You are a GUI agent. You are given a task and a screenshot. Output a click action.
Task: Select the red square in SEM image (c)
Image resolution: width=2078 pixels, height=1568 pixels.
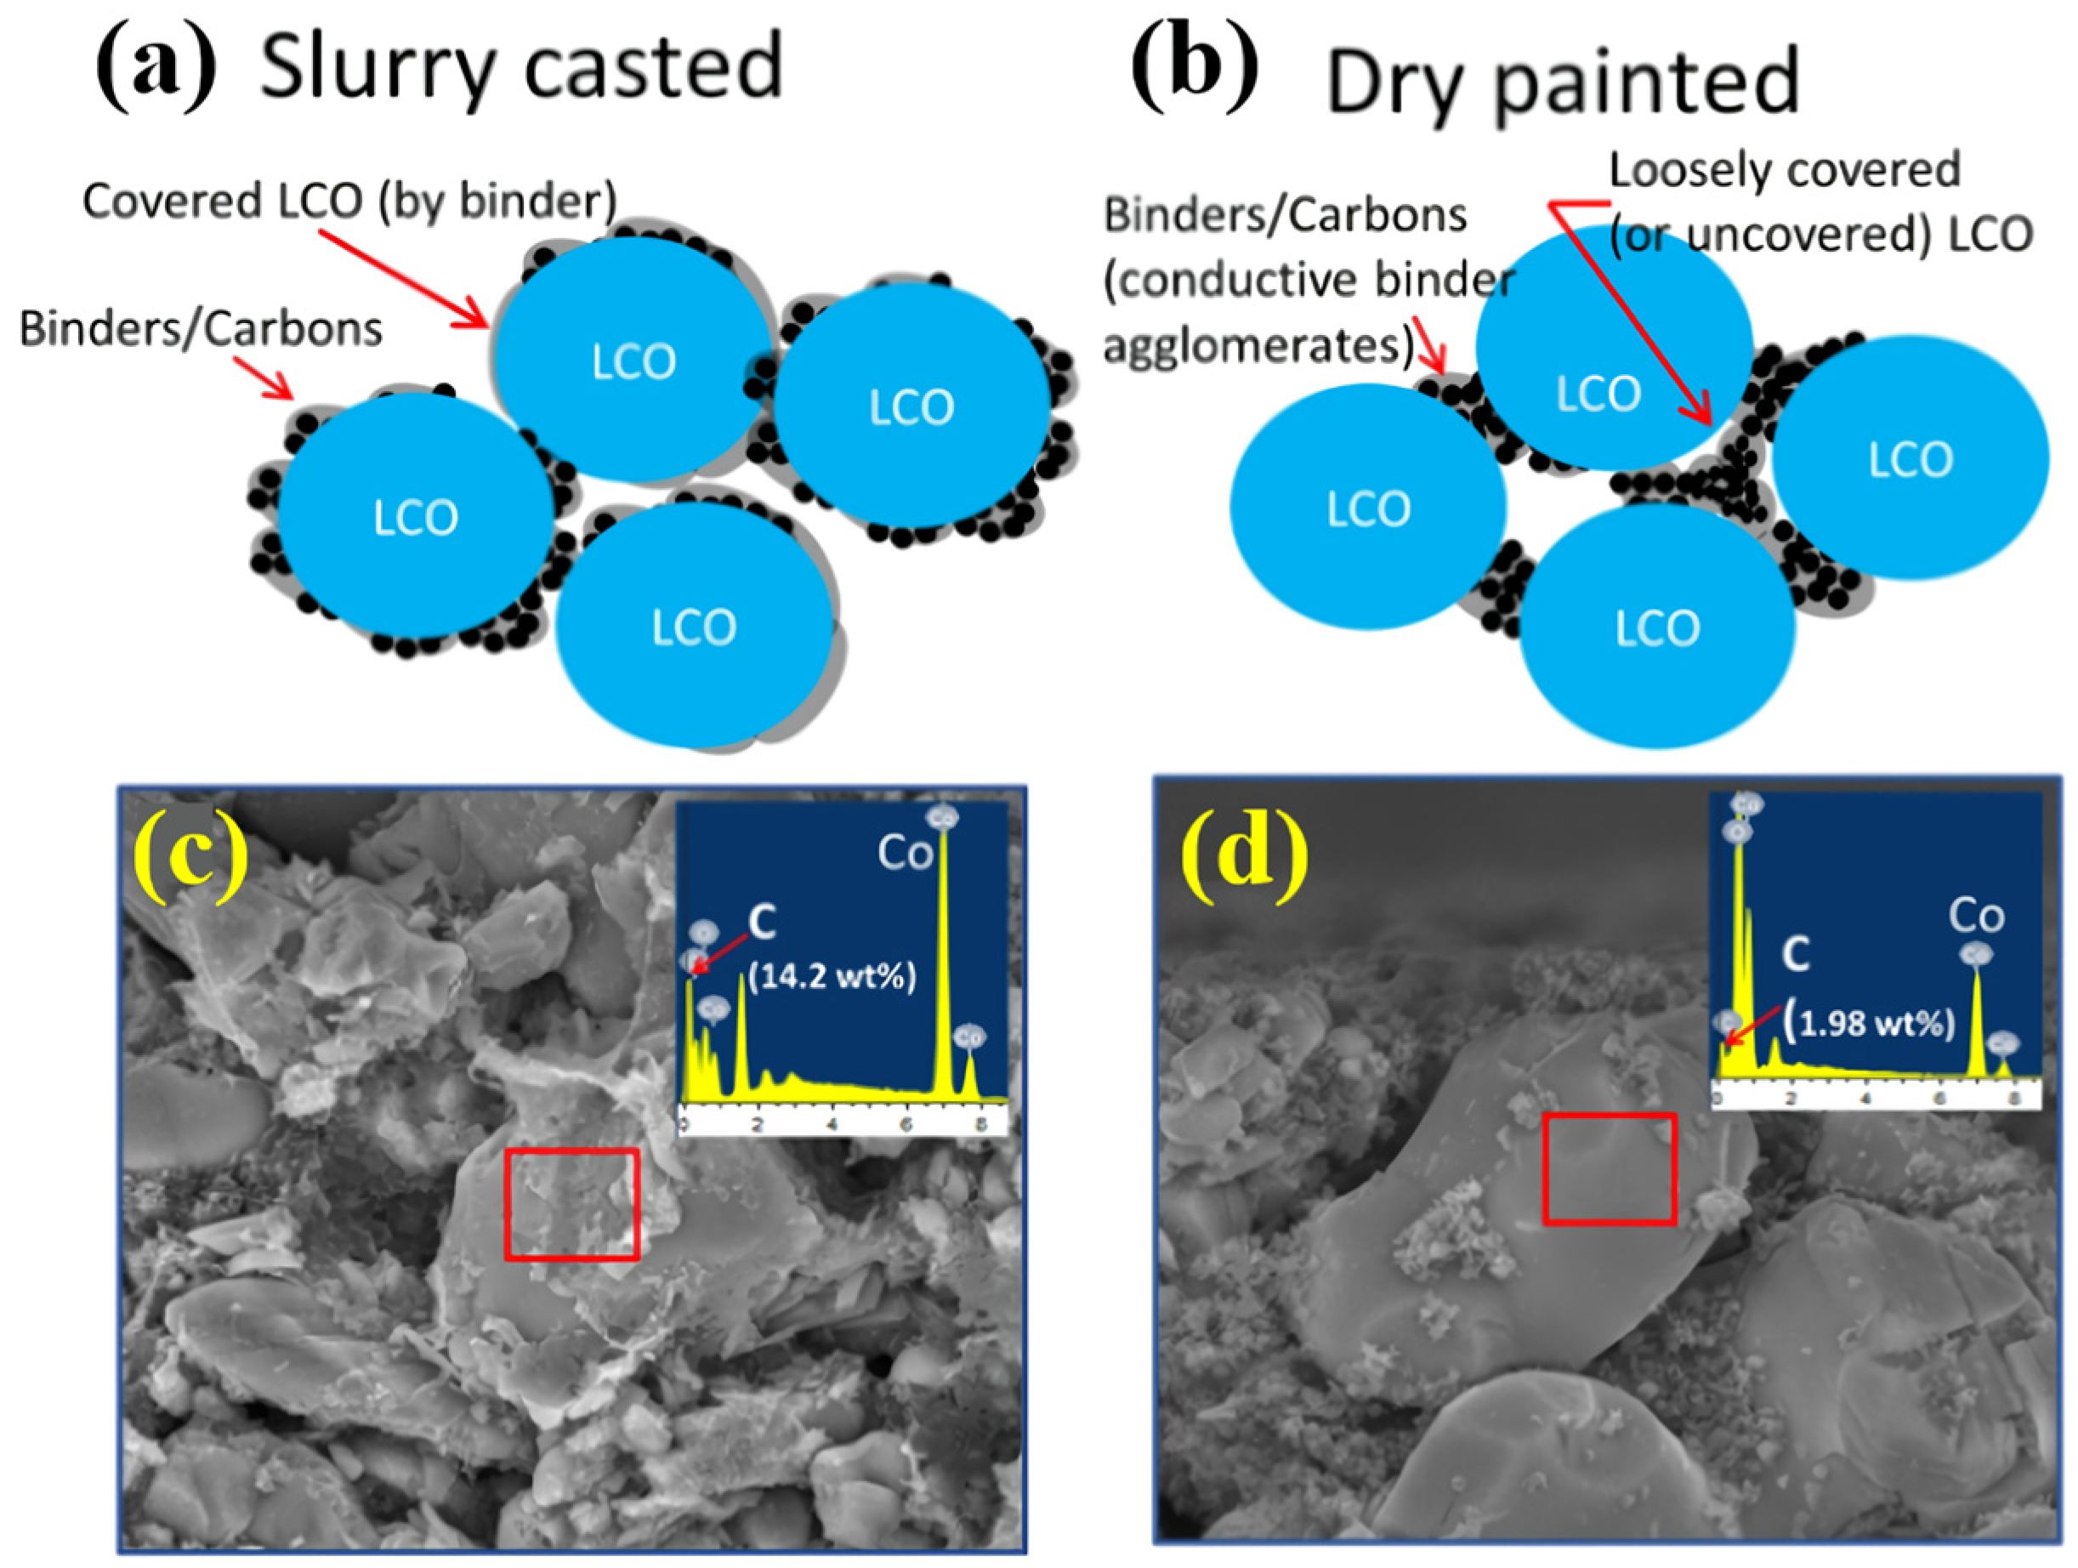(571, 1203)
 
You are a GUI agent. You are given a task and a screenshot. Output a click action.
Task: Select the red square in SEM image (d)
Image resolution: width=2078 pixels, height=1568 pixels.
(1610, 1168)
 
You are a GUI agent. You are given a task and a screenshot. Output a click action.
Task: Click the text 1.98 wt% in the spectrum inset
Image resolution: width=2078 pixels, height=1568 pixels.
(1871, 1022)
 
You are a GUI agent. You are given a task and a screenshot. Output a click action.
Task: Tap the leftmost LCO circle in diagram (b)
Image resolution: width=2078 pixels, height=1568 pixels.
(1368, 508)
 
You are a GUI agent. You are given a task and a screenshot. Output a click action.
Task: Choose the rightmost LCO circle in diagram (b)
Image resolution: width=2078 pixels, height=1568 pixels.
(1910, 459)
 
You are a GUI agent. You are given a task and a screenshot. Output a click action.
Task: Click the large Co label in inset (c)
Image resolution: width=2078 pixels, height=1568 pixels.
(905, 853)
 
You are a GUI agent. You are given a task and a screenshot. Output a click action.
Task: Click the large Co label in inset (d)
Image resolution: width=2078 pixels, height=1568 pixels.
(1976, 915)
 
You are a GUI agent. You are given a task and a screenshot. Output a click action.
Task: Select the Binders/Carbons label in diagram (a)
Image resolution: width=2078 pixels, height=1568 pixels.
(200, 329)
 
